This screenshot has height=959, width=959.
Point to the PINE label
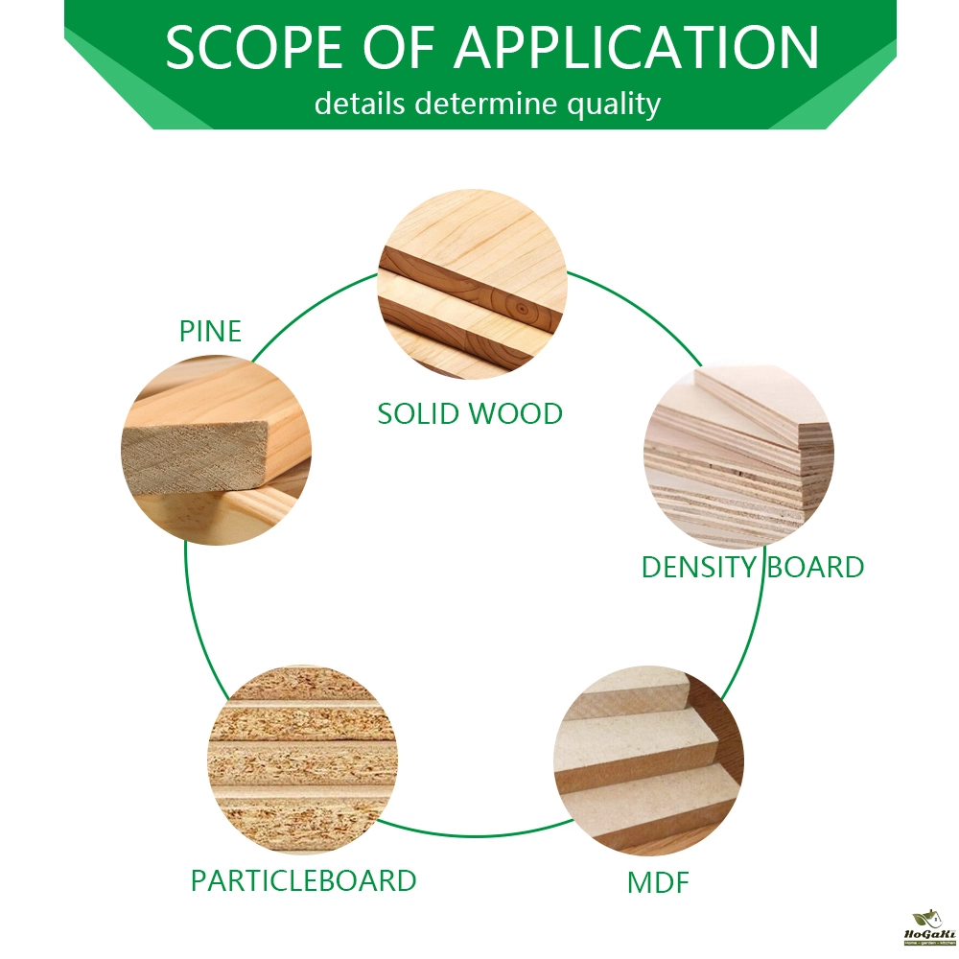click(x=210, y=332)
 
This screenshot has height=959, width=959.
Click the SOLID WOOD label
click(x=470, y=413)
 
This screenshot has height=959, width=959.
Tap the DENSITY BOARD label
click(x=752, y=567)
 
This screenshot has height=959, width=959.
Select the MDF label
click(x=658, y=882)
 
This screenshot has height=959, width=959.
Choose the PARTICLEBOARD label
click(x=303, y=880)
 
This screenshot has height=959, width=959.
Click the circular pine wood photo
click(x=216, y=450)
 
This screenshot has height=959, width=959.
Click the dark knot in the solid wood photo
click(x=519, y=310)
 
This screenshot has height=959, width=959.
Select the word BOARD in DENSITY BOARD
click(x=814, y=567)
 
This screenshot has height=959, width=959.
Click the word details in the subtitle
click(x=360, y=103)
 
